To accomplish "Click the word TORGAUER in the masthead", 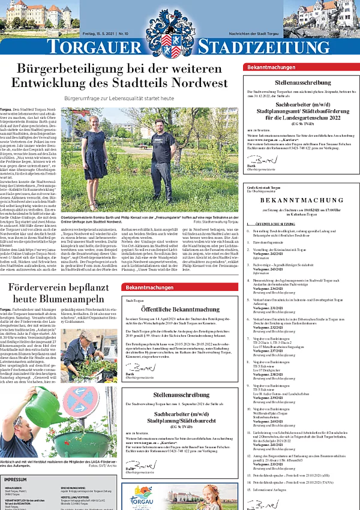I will [94, 47].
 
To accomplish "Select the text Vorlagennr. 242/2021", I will [267, 254].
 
